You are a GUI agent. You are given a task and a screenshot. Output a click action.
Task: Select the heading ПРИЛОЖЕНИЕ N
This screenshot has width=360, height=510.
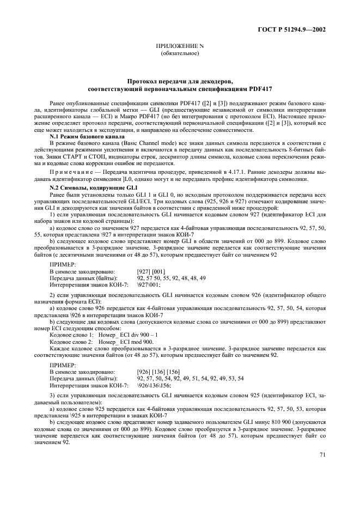pos(180,47)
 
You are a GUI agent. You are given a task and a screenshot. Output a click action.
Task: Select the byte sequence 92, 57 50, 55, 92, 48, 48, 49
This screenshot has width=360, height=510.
pos(171,277)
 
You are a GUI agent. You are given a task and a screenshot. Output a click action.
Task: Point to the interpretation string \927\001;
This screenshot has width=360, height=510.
pos(149,284)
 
